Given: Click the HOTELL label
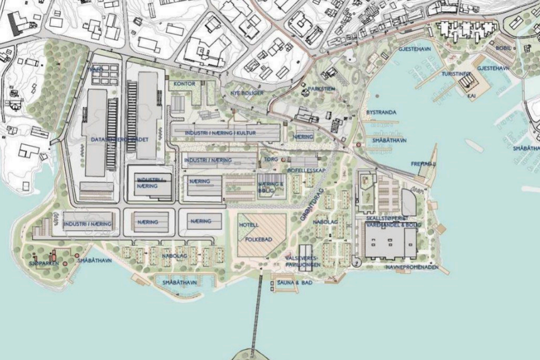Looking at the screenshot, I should point(249,225).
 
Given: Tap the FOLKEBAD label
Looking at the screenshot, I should point(259,239).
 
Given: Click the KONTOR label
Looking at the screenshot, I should point(184,84).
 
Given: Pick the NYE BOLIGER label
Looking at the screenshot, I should point(247,93).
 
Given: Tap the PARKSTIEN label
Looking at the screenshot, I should point(321,89).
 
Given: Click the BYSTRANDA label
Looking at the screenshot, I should point(381,112).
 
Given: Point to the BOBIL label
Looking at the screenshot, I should point(503,48).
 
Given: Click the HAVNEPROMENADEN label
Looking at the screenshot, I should point(412,267).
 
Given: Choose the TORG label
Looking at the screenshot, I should point(271,159).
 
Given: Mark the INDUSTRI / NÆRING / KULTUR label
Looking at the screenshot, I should point(221,133).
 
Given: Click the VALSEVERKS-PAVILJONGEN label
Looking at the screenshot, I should point(303,261).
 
